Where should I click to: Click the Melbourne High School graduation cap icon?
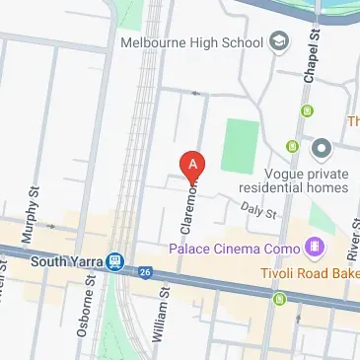(x=279, y=41)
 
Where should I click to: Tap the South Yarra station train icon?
(x=116, y=262)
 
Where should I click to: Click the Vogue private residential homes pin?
(x=320, y=150)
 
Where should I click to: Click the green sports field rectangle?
(x=237, y=145)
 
